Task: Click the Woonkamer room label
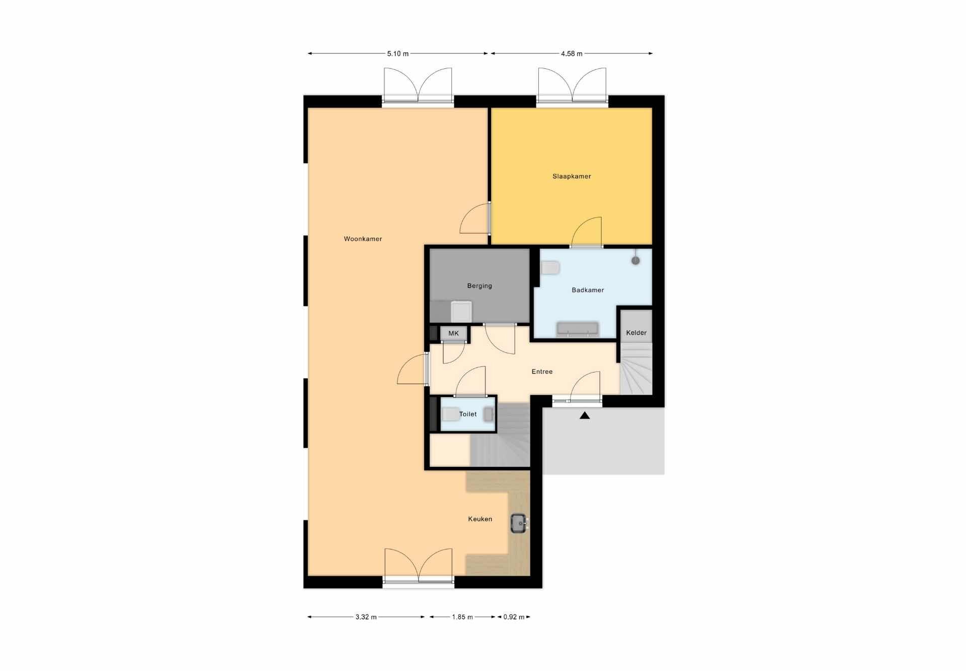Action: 363,239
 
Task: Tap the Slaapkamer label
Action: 572,176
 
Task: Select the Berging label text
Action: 479,286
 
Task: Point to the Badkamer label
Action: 588,290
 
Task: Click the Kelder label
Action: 636,333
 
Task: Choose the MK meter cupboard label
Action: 453,333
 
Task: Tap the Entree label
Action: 542,372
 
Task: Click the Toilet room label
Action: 467,414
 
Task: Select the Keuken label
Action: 480,519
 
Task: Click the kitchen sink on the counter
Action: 519,523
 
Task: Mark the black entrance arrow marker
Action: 584,416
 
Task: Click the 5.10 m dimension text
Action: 397,54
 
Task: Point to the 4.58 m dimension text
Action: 572,54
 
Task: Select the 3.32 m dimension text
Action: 366,617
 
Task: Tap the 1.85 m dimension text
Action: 462,617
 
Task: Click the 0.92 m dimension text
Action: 514,617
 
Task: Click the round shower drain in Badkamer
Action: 635,260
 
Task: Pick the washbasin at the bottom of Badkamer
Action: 577,329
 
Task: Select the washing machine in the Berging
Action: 461,312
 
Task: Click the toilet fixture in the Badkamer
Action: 550,267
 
